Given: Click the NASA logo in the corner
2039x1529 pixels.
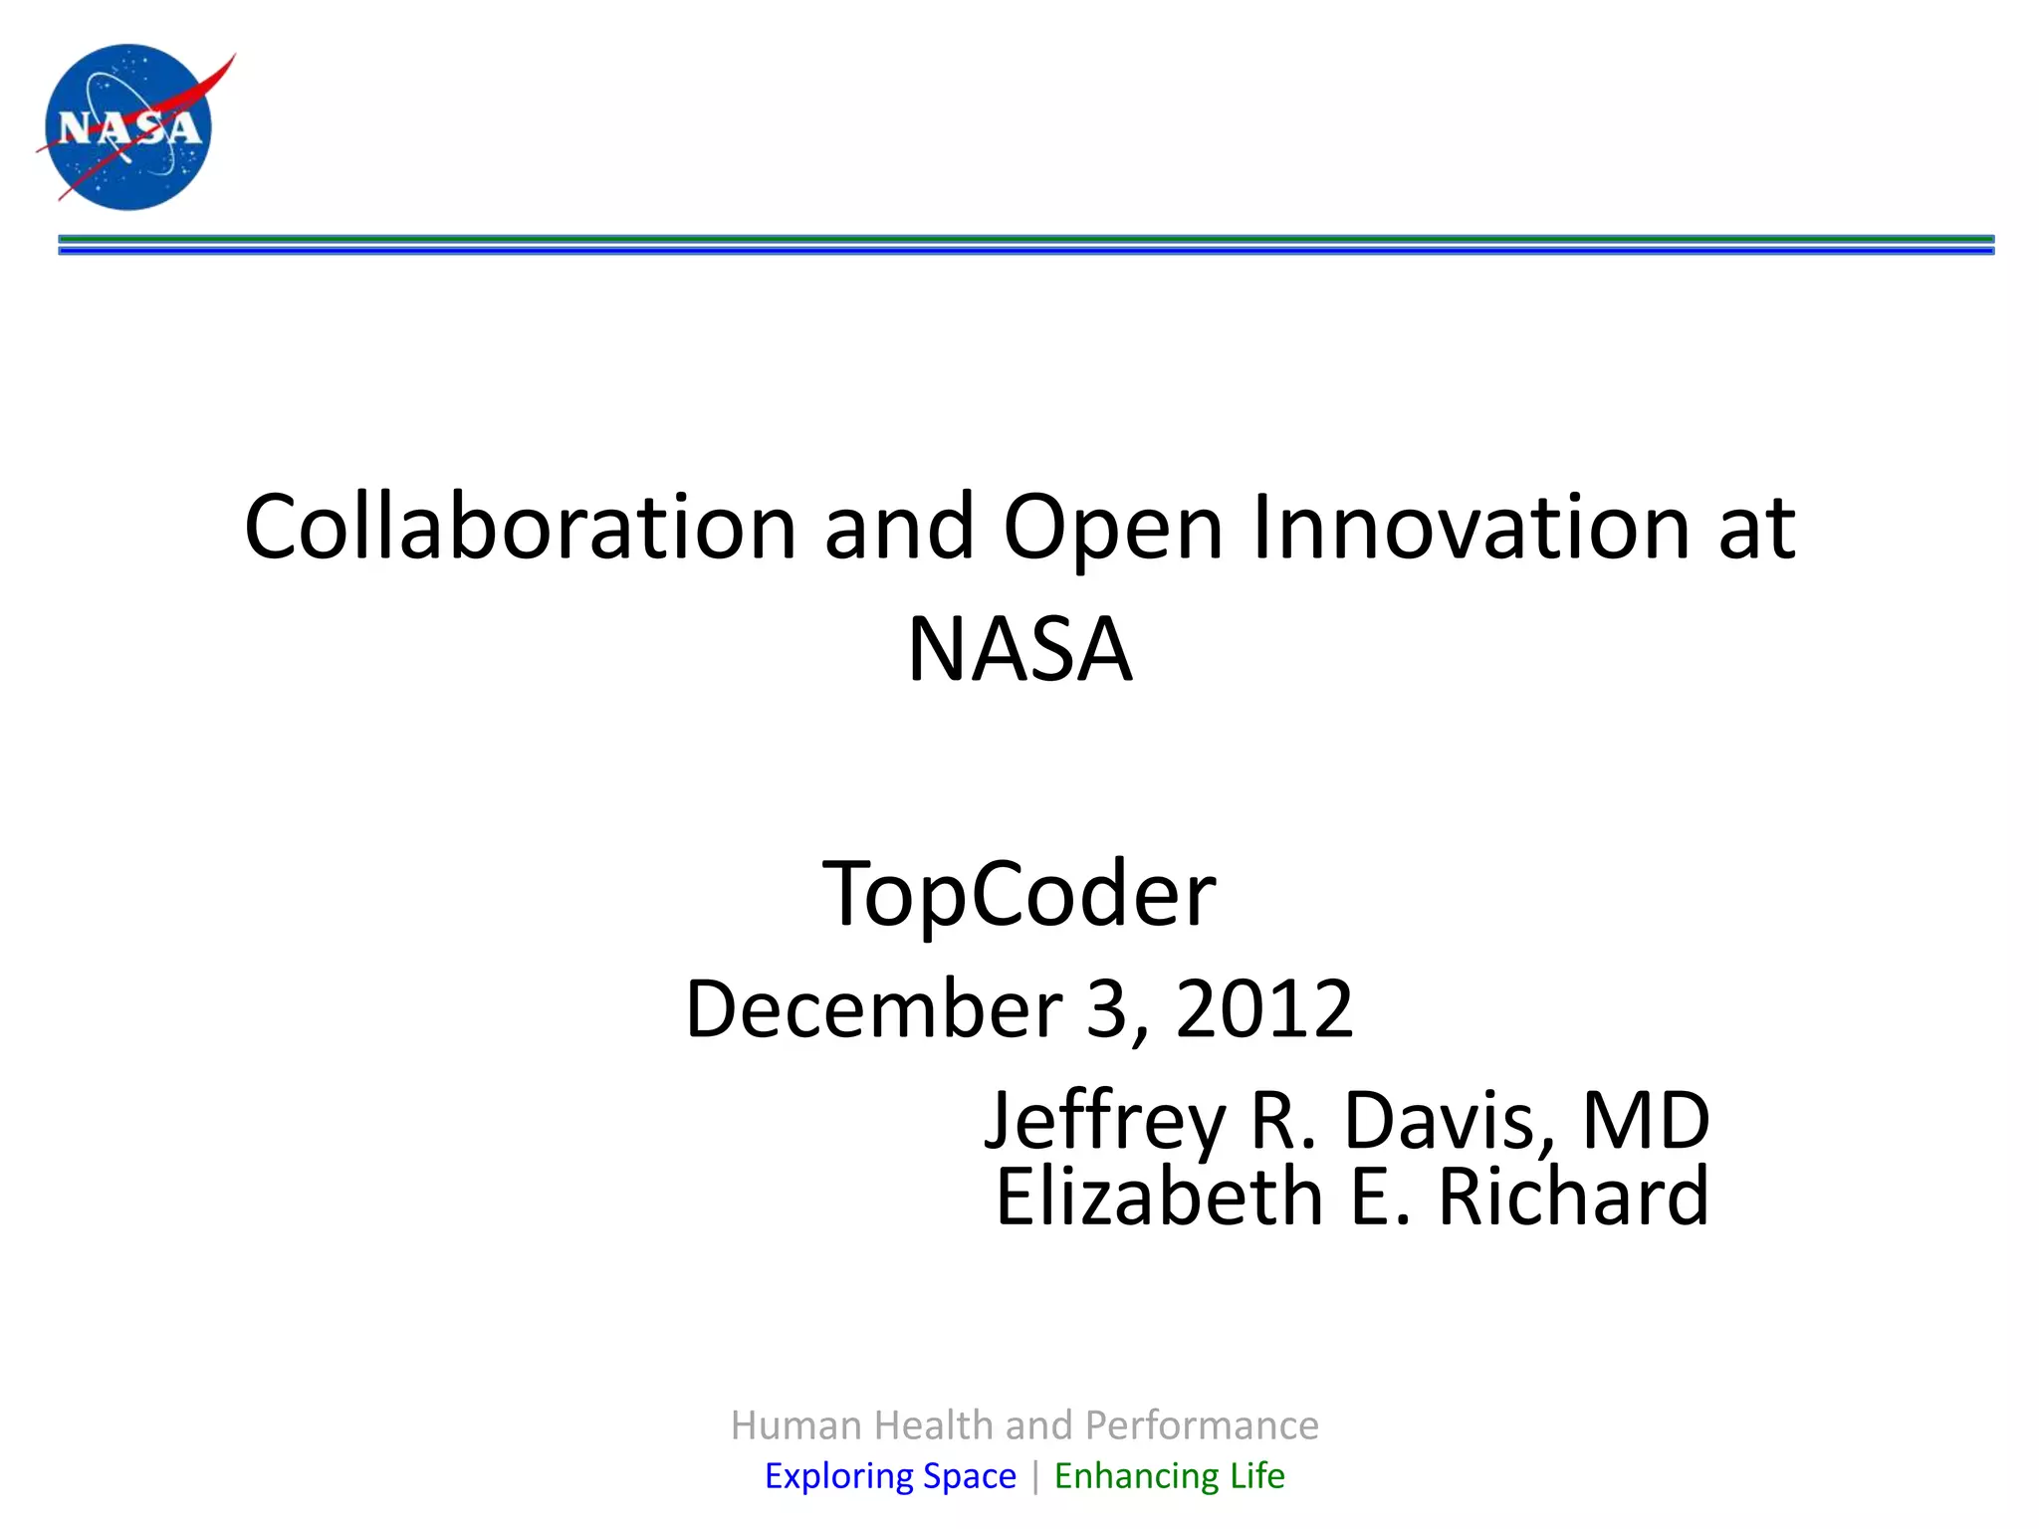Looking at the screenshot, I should click(x=129, y=126).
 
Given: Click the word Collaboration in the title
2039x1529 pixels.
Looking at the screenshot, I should click(x=519, y=527).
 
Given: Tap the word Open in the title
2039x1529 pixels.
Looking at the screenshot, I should click(x=1112, y=527).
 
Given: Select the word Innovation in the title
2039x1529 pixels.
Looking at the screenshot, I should click(x=1470, y=527).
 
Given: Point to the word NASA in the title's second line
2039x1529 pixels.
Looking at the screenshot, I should click(x=1019, y=649).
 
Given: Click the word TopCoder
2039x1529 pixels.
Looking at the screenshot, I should click(x=1019, y=893).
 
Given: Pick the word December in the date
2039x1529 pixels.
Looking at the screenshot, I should click(x=873, y=1008).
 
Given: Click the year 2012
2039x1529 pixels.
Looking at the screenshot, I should click(x=1264, y=1008).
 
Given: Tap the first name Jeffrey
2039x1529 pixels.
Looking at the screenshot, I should click(x=1104, y=1121).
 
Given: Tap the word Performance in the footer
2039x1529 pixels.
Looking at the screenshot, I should click(x=1202, y=1425).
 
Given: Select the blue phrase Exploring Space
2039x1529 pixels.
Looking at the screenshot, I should click(x=890, y=1475).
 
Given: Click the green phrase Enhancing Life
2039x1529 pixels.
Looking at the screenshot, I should click(x=1169, y=1475).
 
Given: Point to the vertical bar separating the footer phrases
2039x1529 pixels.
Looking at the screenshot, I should click(x=1035, y=1476).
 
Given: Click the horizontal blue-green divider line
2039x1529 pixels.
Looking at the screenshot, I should click(x=1025, y=245).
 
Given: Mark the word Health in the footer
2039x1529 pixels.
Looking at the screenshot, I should click(x=935, y=1425).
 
